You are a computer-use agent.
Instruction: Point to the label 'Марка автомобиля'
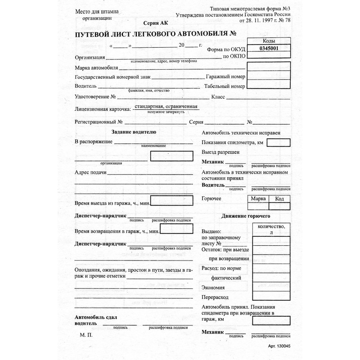point(96,68)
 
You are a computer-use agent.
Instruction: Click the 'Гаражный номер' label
point(225,77)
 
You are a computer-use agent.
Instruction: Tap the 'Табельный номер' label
point(225,86)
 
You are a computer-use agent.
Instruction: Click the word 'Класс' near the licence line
point(218,97)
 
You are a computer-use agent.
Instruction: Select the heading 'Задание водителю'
point(134,132)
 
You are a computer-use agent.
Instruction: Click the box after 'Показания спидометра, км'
point(278,143)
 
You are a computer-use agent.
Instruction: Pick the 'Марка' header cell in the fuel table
point(258,198)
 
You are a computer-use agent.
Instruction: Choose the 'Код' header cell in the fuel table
point(279,198)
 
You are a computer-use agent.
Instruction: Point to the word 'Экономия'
point(215,288)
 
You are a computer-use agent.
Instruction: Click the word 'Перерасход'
point(216,298)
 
